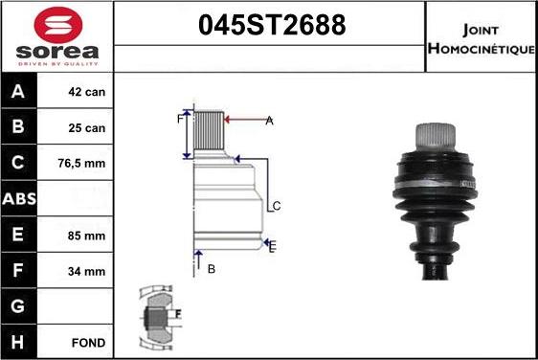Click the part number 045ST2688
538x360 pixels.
[x=271, y=26]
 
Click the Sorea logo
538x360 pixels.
[x=56, y=36]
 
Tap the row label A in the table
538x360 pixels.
[x=17, y=93]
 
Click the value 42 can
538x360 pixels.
[x=86, y=93]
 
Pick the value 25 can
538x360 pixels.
[x=86, y=128]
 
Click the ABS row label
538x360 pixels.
[x=18, y=199]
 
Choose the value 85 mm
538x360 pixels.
[x=86, y=235]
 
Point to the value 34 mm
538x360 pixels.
[x=86, y=270]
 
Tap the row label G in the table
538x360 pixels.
[x=17, y=305]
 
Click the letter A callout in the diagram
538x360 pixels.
[x=269, y=121]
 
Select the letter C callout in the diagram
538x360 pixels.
[x=276, y=206]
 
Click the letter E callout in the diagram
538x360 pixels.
[x=272, y=246]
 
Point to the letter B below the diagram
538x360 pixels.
[x=212, y=269]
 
